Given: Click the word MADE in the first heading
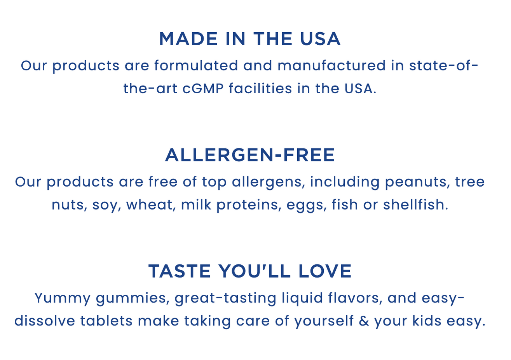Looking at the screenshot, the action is (x=188, y=39).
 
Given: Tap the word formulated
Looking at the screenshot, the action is (x=196, y=66).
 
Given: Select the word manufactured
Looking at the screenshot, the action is (x=331, y=66).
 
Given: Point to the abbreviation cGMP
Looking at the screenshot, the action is (x=203, y=88).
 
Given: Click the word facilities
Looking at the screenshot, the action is (x=260, y=88).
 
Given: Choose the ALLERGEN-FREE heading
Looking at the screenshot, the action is (x=250, y=155).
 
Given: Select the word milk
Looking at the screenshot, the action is (x=196, y=204).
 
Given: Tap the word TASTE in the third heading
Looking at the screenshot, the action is (x=180, y=271).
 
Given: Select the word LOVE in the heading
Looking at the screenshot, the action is (x=325, y=271).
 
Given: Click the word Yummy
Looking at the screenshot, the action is (x=63, y=299).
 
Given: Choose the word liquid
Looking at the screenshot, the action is (x=302, y=299).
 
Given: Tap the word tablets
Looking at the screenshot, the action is (x=106, y=321).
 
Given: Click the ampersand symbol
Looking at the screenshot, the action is (x=364, y=321).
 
